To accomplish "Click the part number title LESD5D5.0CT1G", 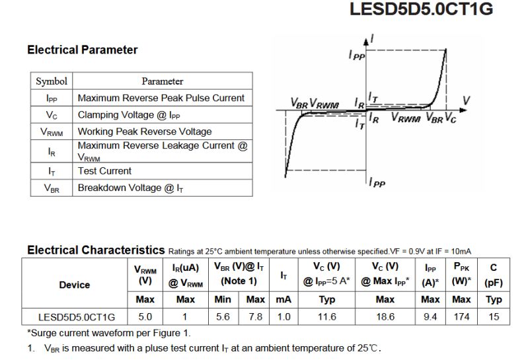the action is (430, 10).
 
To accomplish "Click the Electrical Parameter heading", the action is (83, 50).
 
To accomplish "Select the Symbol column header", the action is (52, 81).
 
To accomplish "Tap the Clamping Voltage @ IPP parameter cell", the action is (129, 114).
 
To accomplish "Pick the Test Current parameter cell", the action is (104, 170).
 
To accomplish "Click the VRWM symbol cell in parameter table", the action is (52, 131).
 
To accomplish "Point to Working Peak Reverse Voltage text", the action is (145, 131).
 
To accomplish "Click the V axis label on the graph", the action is (467, 100).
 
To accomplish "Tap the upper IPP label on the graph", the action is (356, 57).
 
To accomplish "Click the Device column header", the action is (75, 285).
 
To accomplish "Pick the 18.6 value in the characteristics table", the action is (385, 317).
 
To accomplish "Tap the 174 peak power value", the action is (461, 317).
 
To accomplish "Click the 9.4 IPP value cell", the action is (430, 317).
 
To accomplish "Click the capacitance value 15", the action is (494, 317).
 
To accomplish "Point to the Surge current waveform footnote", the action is (108, 332).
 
